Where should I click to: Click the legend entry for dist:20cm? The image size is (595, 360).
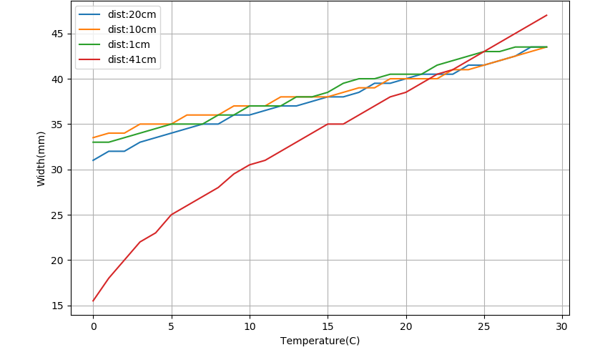(129, 14)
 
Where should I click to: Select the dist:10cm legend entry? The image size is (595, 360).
(129, 29)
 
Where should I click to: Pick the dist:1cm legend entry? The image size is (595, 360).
(127, 45)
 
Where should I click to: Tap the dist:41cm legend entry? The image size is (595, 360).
(129, 60)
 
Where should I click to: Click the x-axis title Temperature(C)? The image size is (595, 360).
(320, 341)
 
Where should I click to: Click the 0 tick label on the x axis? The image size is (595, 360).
(93, 326)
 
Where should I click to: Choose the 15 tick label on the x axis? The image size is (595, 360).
(328, 326)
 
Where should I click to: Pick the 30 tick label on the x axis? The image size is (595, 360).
(562, 326)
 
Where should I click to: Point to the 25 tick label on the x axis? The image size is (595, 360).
(484, 326)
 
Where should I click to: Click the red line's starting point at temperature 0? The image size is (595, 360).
(93, 301)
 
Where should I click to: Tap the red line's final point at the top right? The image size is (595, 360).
(546, 15)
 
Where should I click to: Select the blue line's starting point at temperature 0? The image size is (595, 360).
(93, 160)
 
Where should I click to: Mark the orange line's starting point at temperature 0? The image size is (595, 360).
(93, 137)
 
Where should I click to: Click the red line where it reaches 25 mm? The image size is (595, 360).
(171, 215)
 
